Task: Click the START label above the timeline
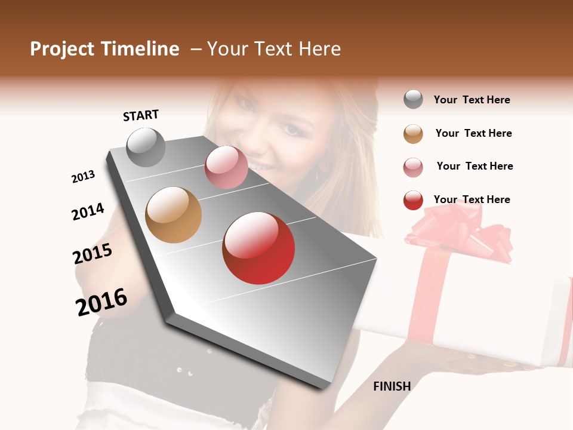click(x=141, y=115)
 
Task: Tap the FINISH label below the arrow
click(x=392, y=386)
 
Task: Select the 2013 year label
click(x=83, y=177)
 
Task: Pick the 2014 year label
click(x=88, y=211)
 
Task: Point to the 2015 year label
click(x=93, y=254)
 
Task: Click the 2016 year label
click(x=101, y=302)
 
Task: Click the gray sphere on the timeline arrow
click(x=146, y=147)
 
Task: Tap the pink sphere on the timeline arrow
click(x=226, y=167)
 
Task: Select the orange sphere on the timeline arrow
click(x=174, y=215)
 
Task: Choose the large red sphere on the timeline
click(x=258, y=248)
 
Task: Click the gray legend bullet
click(x=413, y=100)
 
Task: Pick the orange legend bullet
click(x=413, y=134)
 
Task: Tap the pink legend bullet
click(x=413, y=167)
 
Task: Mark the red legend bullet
click(x=413, y=200)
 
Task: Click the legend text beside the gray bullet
click(x=472, y=100)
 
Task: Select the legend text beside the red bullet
click(x=472, y=199)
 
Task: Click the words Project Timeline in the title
click(x=104, y=49)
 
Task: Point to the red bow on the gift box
click(x=460, y=230)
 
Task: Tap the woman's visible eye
click(x=291, y=129)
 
